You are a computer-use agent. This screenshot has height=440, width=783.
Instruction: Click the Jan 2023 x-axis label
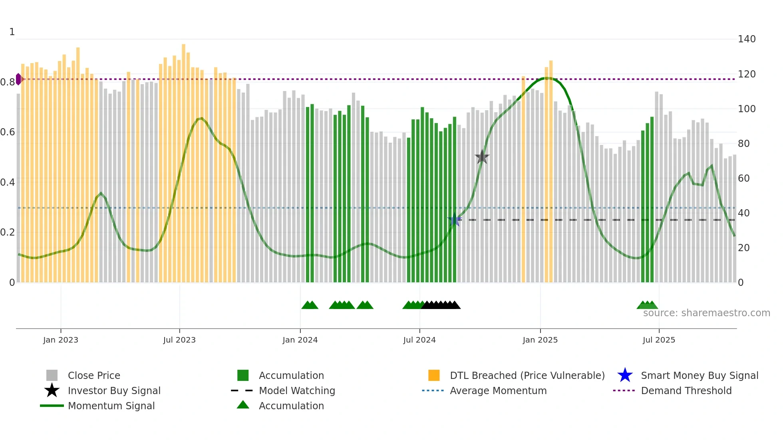point(61,340)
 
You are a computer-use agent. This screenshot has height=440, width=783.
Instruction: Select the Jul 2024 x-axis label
point(419,340)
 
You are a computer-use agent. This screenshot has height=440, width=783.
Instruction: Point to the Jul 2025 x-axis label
point(659,340)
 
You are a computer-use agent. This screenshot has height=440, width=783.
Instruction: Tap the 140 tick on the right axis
point(747,39)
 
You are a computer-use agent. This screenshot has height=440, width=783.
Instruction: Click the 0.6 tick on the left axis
point(8,132)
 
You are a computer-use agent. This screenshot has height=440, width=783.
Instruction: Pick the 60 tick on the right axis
point(744,178)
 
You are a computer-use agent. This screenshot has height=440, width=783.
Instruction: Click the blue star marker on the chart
point(454,220)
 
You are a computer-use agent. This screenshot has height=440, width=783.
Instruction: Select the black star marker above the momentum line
point(482,157)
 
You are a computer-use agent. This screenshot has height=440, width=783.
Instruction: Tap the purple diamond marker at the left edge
point(18,79)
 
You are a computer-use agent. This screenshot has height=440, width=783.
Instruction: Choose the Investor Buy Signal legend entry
point(114,390)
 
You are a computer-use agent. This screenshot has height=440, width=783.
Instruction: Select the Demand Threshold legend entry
point(686,390)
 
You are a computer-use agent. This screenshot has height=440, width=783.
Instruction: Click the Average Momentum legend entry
point(498,390)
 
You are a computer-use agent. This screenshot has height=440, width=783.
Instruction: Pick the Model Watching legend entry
point(297,390)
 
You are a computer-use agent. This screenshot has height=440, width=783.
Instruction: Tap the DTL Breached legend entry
point(527,375)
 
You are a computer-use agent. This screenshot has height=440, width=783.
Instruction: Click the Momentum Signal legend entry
point(111,406)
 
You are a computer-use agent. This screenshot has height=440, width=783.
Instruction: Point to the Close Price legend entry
point(94,375)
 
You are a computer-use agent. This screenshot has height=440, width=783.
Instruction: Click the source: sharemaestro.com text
point(706,313)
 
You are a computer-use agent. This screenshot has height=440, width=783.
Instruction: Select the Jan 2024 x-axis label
point(300,340)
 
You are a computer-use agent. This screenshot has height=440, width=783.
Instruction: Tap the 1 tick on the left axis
point(12,32)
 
